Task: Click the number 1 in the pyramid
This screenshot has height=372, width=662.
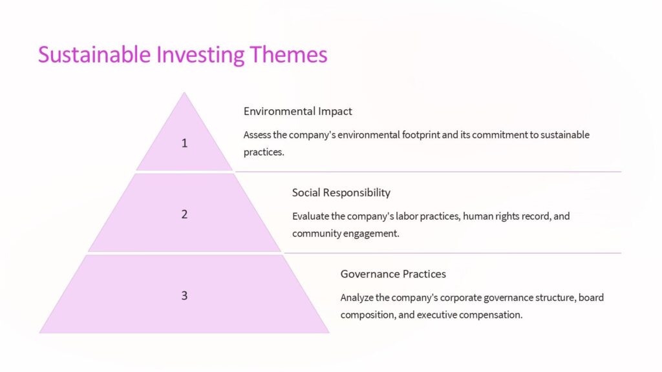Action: click(x=184, y=143)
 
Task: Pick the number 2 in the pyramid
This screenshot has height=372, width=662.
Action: click(x=184, y=214)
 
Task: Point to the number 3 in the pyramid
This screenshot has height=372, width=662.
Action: click(x=184, y=296)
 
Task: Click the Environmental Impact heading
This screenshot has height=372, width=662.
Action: click(x=297, y=111)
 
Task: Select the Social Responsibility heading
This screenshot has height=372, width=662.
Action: click(x=341, y=192)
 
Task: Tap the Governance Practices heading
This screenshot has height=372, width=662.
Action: click(x=393, y=274)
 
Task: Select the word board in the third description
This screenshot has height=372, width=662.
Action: click(x=592, y=298)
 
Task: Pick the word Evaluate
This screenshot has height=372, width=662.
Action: click(x=310, y=216)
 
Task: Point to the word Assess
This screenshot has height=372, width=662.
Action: click(x=257, y=135)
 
